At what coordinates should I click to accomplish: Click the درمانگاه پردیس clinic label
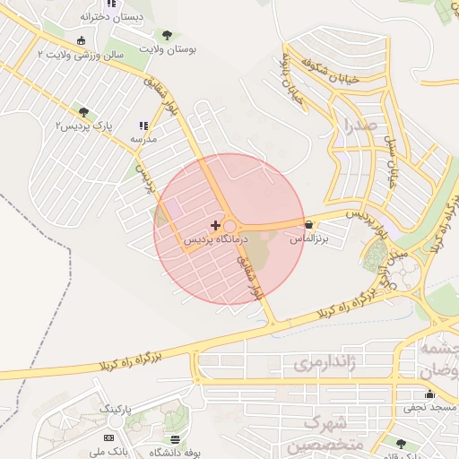(213, 240)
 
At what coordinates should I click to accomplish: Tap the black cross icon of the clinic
(213, 221)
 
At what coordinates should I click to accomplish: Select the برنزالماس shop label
(309, 240)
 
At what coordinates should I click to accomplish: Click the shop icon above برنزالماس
(309, 224)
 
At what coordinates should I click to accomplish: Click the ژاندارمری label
(325, 363)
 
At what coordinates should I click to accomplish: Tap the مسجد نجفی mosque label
(430, 408)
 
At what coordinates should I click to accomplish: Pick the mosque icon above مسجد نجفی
(429, 393)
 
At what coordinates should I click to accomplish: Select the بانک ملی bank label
(109, 452)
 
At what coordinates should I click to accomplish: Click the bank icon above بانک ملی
(109, 437)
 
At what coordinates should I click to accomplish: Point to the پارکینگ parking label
(115, 409)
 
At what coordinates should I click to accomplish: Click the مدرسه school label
(143, 140)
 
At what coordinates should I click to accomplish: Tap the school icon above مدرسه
(143, 126)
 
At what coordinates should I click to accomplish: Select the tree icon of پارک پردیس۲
(83, 112)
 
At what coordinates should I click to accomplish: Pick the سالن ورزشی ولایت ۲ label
(80, 55)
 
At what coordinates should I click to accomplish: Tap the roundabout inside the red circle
(229, 227)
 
